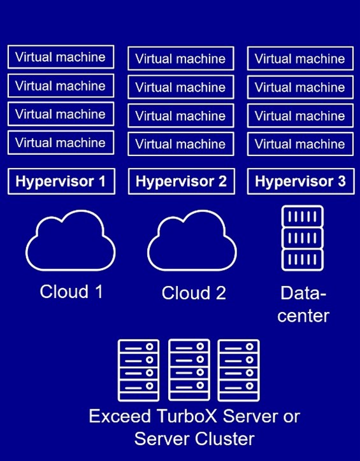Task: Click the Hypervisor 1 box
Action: pyautogui.click(x=61, y=181)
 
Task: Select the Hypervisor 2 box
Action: pyautogui.click(x=181, y=181)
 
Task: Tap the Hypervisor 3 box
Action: pyautogui.click(x=300, y=181)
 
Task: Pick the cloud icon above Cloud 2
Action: pyautogui.click(x=192, y=245)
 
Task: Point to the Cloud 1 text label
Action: pyautogui.click(x=71, y=292)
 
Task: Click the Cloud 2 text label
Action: pyautogui.click(x=194, y=293)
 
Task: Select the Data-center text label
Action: pyautogui.click(x=303, y=304)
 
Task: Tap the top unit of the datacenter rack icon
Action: pyautogui.click(x=303, y=216)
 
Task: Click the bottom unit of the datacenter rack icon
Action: pyautogui.click(x=303, y=260)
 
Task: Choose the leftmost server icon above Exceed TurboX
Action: pyautogui.click(x=138, y=370)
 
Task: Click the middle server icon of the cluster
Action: pyautogui.click(x=189, y=370)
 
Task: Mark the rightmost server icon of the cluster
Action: pyautogui.click(x=238, y=370)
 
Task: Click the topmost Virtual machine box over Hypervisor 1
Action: pyautogui.click(x=61, y=57)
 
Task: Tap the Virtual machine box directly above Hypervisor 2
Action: pyautogui.click(x=181, y=145)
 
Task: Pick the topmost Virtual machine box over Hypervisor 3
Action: pyautogui.click(x=300, y=59)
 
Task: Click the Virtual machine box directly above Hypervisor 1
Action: pyautogui.click(x=61, y=143)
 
